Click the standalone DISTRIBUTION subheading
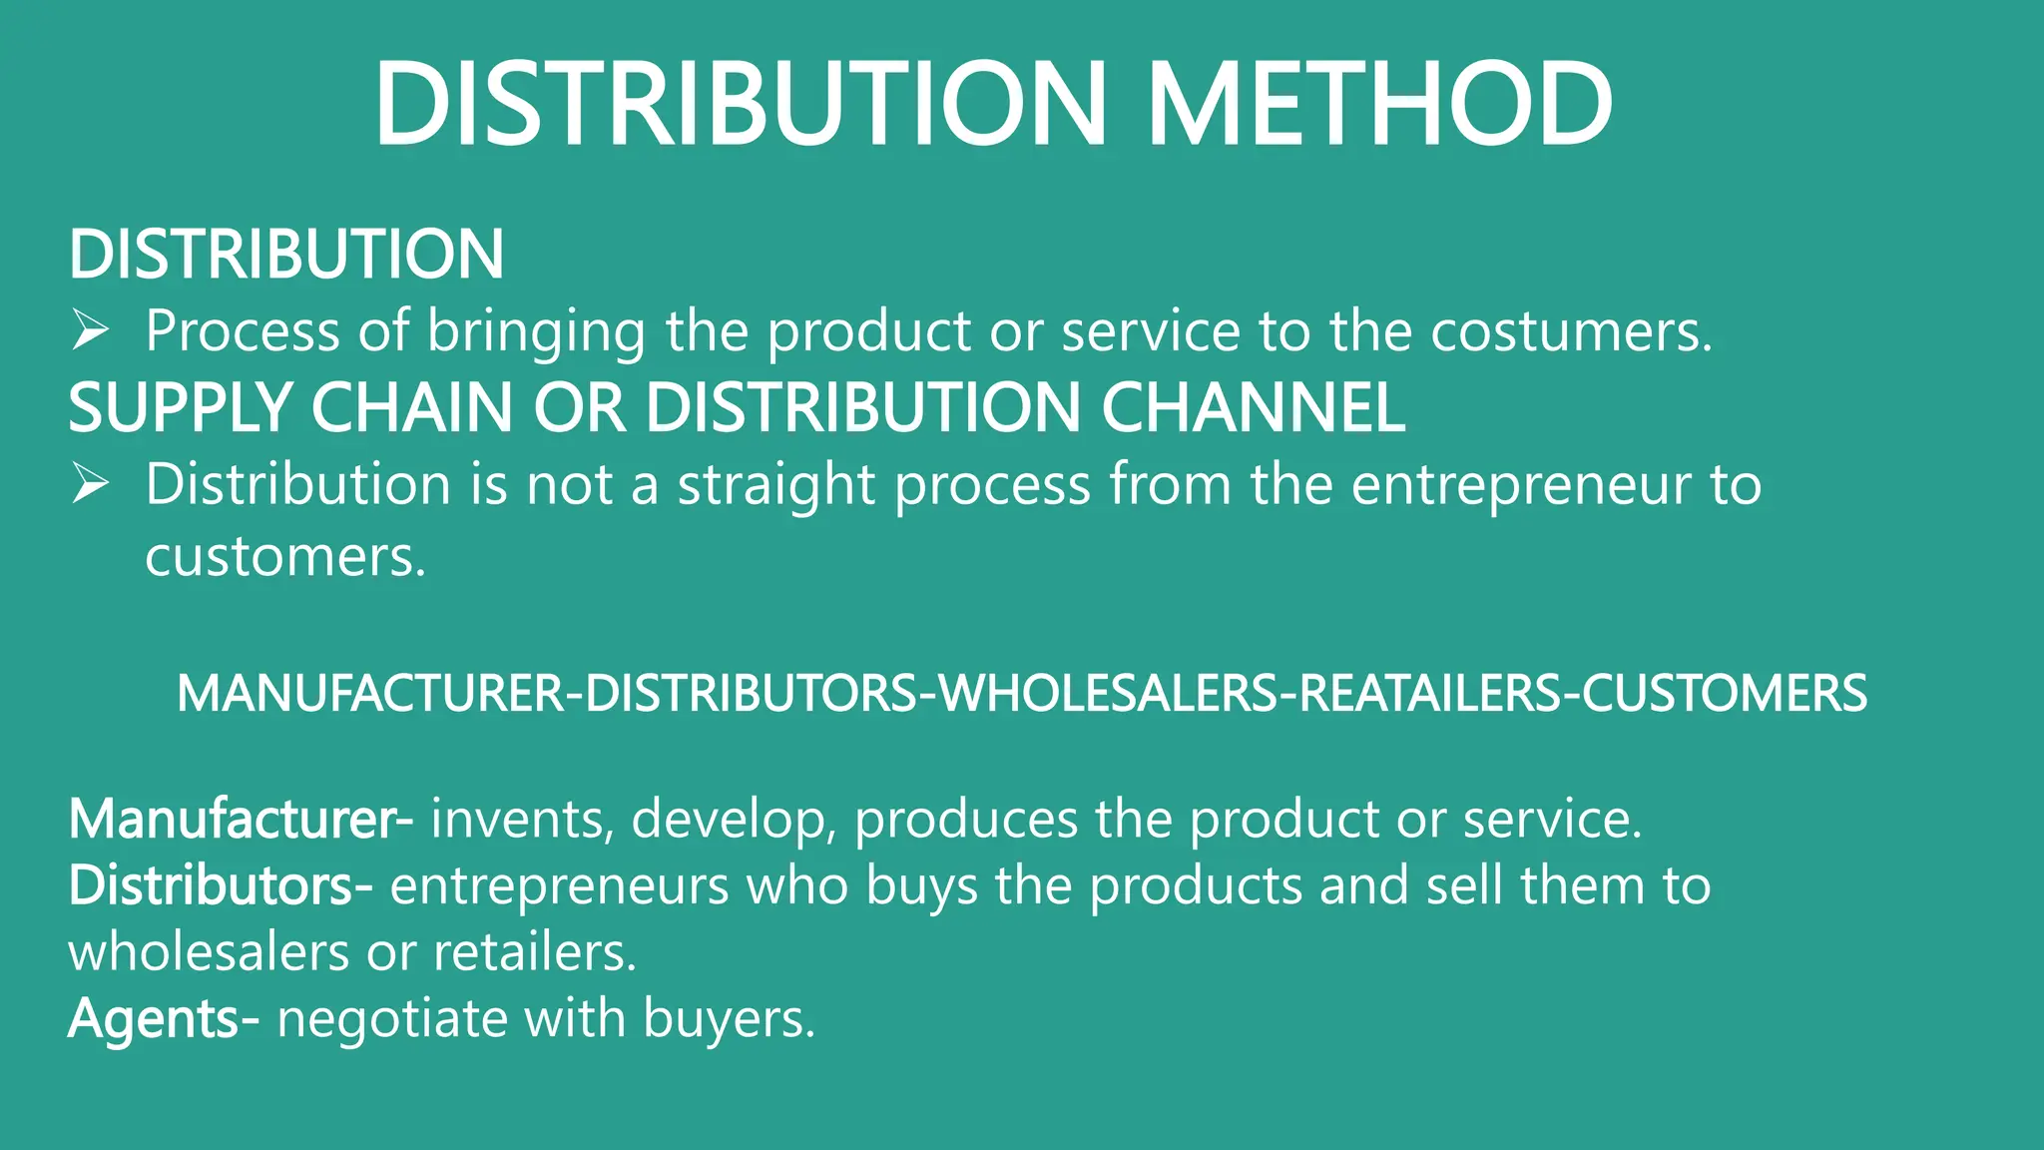[x=286, y=254]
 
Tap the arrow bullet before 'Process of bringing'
[x=90, y=330]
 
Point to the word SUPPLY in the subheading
[x=180, y=408]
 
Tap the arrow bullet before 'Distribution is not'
[x=90, y=484]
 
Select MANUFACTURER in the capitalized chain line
[x=369, y=694]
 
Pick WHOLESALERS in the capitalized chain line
[x=1108, y=694]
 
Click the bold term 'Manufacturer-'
[x=241, y=820]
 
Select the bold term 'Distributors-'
[x=221, y=885]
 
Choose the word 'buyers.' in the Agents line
[x=729, y=1019]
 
